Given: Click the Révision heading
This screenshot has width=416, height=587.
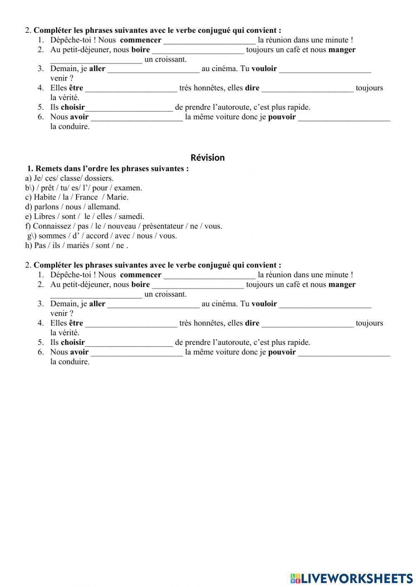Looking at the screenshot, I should point(207,158).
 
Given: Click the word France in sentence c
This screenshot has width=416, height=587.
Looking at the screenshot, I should point(87,197).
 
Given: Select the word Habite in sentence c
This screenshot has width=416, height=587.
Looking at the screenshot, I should point(45,197).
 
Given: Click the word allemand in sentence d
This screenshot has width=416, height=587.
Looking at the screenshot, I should point(104,207).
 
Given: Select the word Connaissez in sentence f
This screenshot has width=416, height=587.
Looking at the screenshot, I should point(52,226).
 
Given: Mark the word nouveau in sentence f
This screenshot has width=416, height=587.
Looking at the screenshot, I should point(122,226).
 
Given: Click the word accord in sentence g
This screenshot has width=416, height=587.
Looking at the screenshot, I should point(97,236).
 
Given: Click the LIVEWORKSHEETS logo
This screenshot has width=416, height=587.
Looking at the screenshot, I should point(351,578).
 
